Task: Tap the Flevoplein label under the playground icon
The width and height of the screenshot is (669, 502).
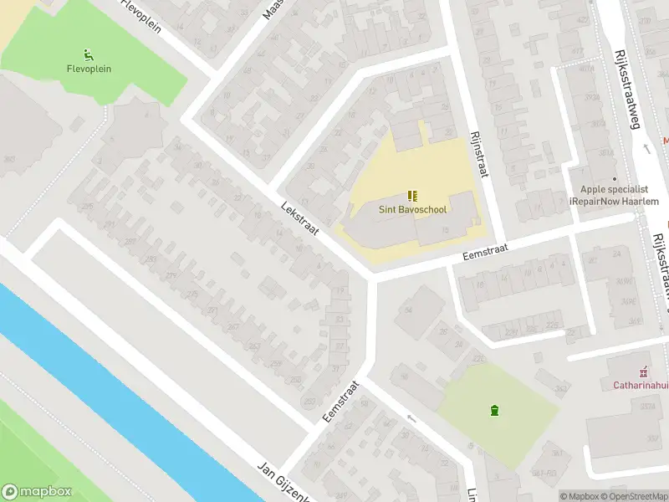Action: [x=88, y=69]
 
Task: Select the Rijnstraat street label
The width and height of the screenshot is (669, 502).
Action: [x=479, y=152]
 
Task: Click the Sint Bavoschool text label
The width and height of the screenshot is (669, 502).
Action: [x=412, y=210]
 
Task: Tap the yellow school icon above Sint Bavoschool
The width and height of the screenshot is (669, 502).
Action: [x=412, y=196]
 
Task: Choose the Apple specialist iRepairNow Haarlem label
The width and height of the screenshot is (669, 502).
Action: [x=614, y=196]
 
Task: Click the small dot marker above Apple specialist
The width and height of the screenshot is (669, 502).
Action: [x=615, y=178]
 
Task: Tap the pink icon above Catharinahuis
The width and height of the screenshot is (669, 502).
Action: [x=642, y=371]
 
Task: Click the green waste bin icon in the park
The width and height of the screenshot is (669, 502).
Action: [x=495, y=410]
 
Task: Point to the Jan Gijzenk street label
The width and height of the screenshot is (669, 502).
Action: [x=284, y=482]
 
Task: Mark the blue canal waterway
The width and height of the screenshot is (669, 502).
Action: [x=125, y=393]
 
